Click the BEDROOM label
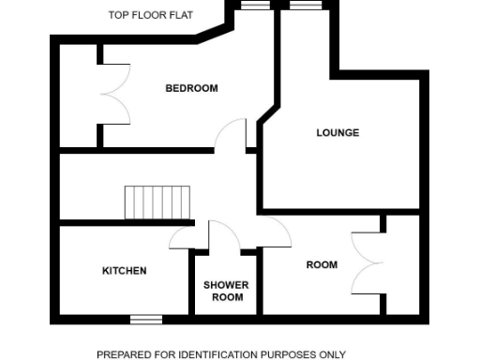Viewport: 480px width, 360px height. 191,88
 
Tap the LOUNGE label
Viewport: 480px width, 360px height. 337,133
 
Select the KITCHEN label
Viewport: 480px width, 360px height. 124,271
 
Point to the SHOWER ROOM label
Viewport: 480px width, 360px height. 224,291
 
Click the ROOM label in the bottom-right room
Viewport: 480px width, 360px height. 322,265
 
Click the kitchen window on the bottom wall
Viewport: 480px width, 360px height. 146,319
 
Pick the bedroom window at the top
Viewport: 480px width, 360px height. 252,6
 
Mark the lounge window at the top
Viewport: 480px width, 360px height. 305,6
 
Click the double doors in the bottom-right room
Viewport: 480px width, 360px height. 367,263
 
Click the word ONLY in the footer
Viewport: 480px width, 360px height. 332,354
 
